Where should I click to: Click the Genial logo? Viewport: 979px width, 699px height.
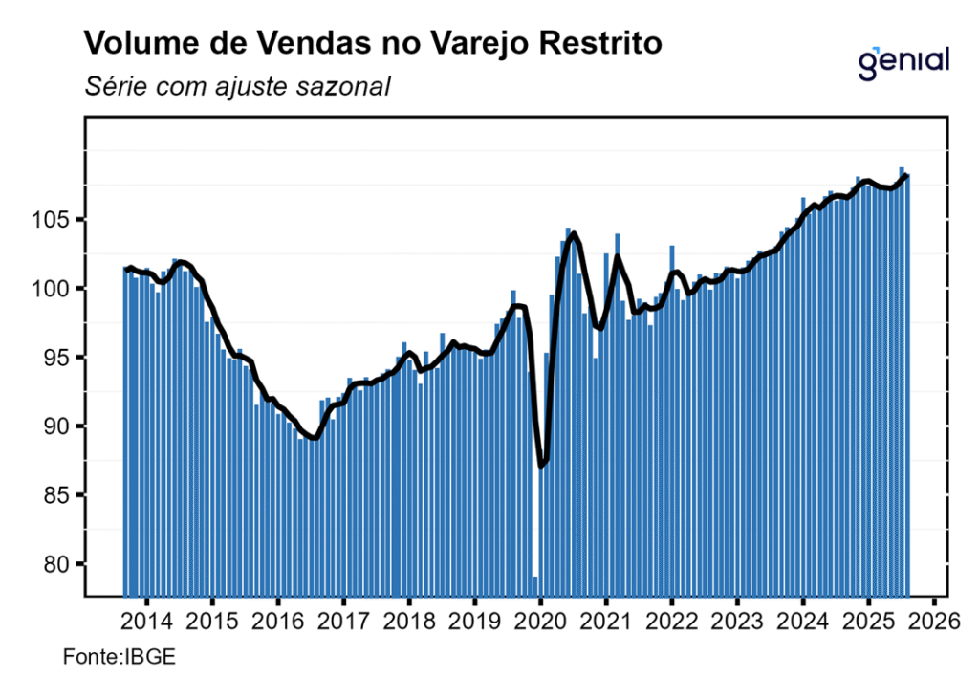coord(903,61)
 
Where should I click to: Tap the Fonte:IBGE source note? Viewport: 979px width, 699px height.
coord(106,659)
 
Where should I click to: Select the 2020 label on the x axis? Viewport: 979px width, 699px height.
coord(540,623)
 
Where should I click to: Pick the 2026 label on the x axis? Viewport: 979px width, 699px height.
coord(934,623)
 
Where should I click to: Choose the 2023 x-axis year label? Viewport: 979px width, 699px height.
coord(737,623)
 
